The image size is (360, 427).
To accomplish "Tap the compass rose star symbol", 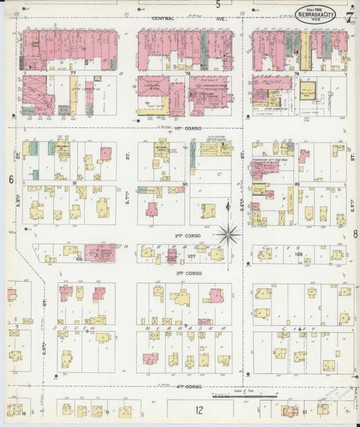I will (x=230, y=235).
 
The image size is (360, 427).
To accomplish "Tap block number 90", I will (x=184, y=183).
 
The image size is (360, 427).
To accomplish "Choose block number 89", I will (x=297, y=183).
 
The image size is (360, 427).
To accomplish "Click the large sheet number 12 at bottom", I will (x=199, y=409).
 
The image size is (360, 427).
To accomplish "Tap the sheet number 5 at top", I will (x=218, y=5).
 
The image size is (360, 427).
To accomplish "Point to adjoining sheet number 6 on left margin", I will (x=11, y=179).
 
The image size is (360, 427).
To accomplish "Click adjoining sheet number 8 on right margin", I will (x=355, y=234).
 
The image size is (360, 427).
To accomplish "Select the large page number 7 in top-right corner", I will (x=349, y=16).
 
